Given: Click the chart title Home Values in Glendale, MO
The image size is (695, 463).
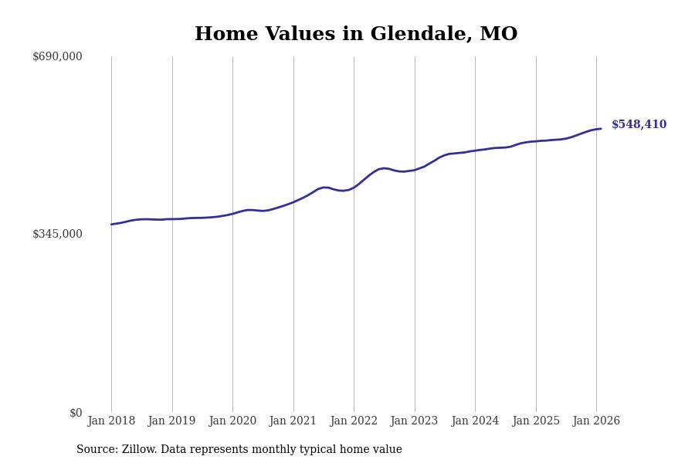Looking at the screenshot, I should (356, 35).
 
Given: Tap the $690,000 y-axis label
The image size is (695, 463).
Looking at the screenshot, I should (57, 56).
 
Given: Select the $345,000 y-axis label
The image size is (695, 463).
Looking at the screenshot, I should (57, 234).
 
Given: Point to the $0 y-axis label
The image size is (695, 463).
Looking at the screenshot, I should (76, 413).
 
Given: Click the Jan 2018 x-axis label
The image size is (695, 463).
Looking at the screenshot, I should (111, 421).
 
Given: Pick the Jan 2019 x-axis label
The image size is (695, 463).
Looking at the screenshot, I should (171, 421).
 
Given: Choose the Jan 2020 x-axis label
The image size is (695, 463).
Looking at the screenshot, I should (232, 421).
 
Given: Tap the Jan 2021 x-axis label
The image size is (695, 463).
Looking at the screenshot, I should (293, 421).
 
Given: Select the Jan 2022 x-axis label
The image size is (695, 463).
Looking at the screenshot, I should (354, 421).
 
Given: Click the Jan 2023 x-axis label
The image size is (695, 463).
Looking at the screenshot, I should (414, 421).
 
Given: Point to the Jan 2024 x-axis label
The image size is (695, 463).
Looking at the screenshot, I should (475, 421).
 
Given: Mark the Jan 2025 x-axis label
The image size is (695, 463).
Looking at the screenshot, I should (536, 421).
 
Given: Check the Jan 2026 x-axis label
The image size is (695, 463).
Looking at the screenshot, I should (596, 421).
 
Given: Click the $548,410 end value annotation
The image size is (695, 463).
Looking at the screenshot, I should (639, 125).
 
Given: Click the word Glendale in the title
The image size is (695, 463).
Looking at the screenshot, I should (421, 35).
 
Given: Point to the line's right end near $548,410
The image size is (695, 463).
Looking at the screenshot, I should (601, 129).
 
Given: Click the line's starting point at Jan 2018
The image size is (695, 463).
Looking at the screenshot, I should (111, 225).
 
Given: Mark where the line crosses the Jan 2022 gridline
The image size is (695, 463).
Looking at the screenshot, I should (354, 187).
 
